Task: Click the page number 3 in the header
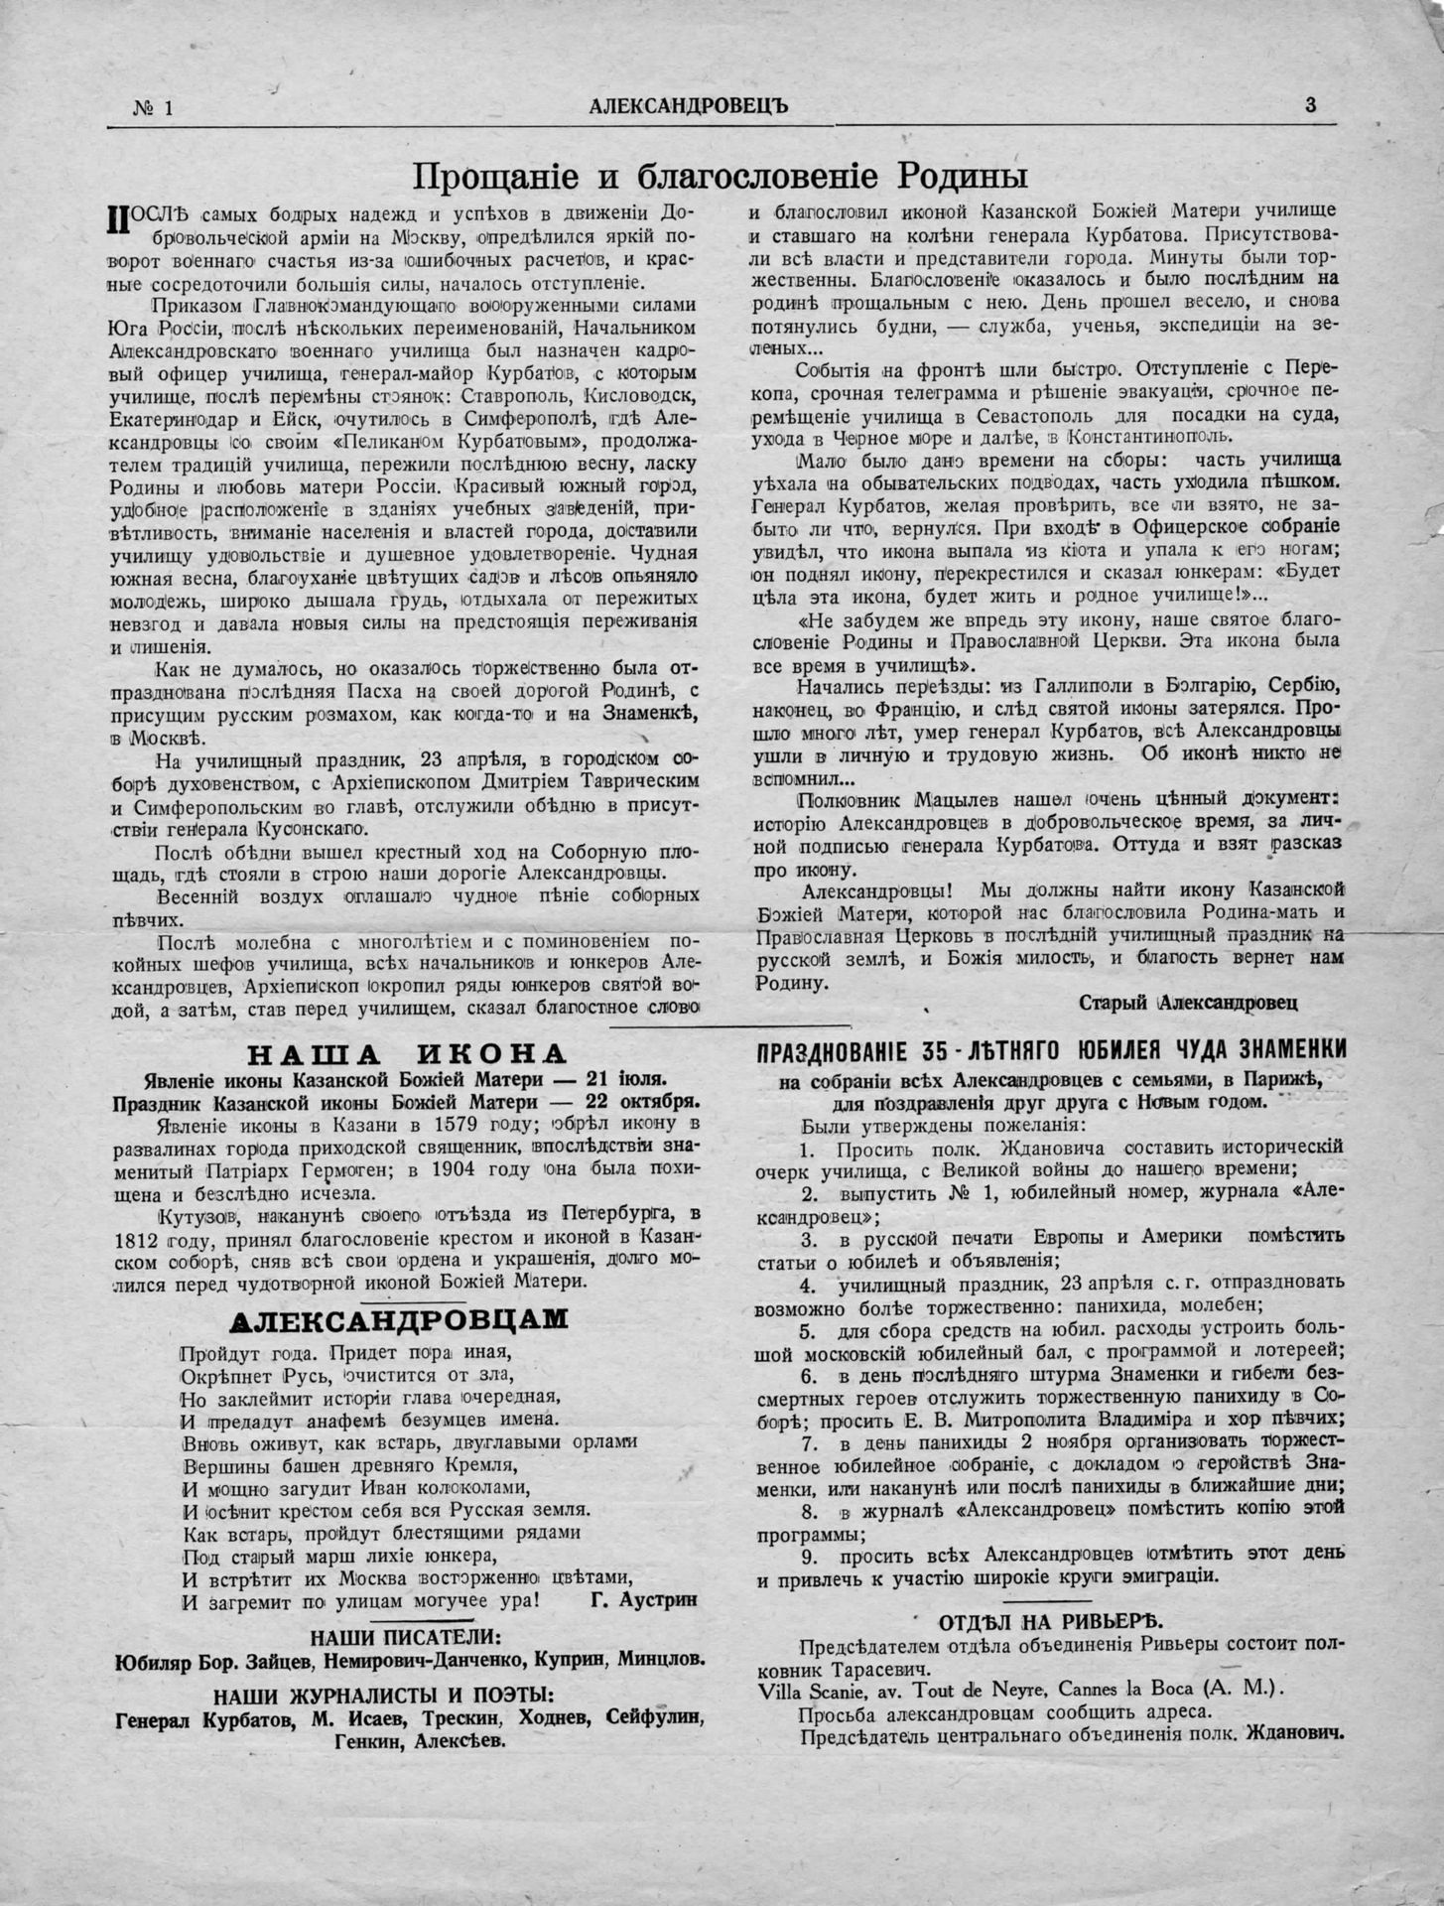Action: [x=1310, y=105]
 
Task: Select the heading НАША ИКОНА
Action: [x=391, y=1053]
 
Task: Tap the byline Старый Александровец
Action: [x=1187, y=1003]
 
